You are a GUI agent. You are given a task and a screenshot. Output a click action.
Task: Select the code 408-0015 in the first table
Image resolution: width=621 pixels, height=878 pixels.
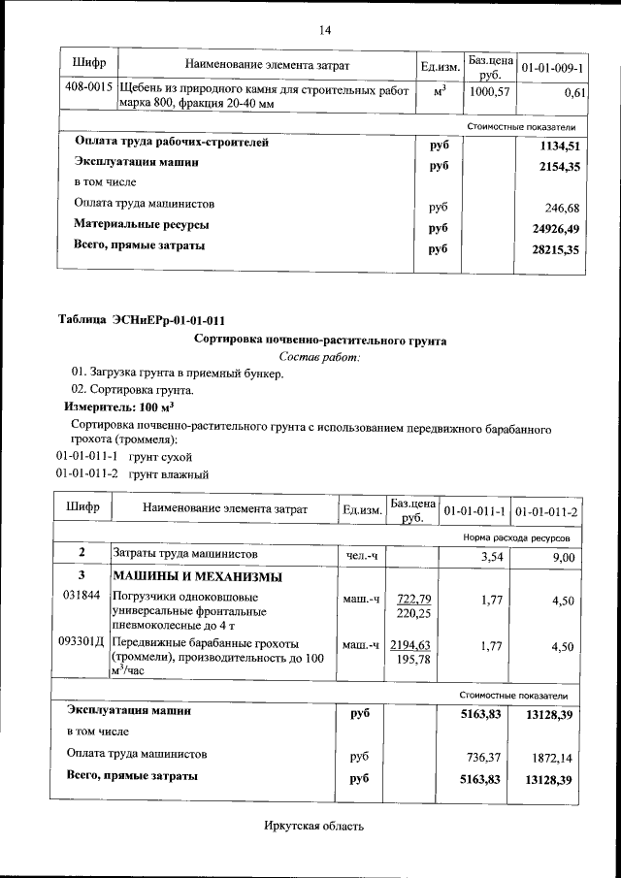86,87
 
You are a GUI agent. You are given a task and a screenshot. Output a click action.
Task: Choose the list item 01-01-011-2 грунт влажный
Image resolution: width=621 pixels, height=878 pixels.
132,474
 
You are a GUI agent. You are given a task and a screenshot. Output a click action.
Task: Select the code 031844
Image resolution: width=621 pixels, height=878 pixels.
82,595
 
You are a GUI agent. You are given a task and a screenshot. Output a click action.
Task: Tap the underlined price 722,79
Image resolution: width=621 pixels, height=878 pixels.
413,598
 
